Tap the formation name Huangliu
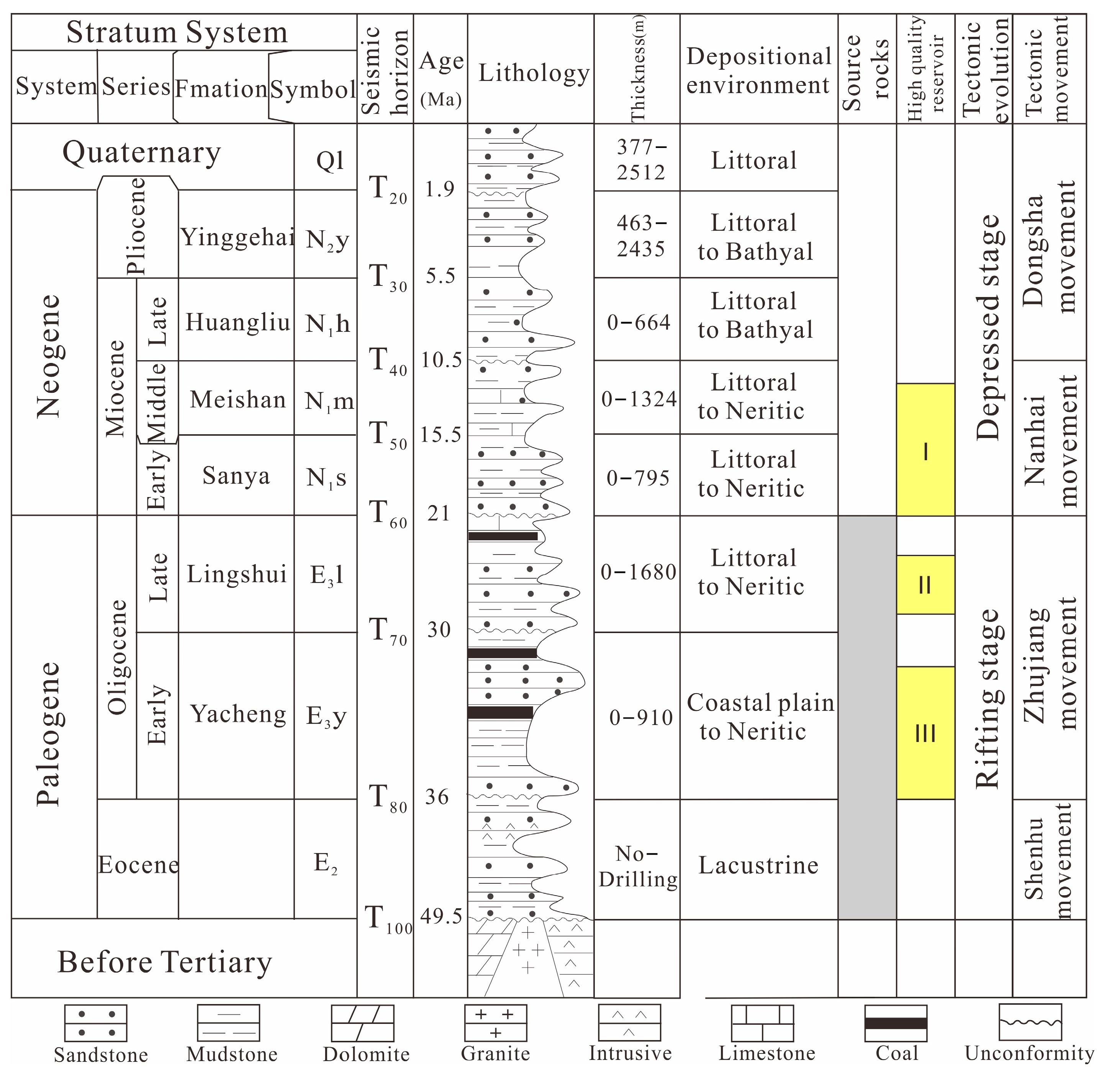pyautogui.click(x=237, y=322)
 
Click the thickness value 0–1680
pyautogui.click(x=638, y=572)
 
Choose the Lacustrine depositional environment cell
pyautogui.click(x=758, y=865)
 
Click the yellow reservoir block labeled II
pyautogui.click(x=925, y=585)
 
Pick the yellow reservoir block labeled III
pyautogui.click(x=925, y=733)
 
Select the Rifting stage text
pyautogui.click(x=987, y=699)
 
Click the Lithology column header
pyautogui.click(x=534, y=73)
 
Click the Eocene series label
pyautogui.click(x=138, y=865)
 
